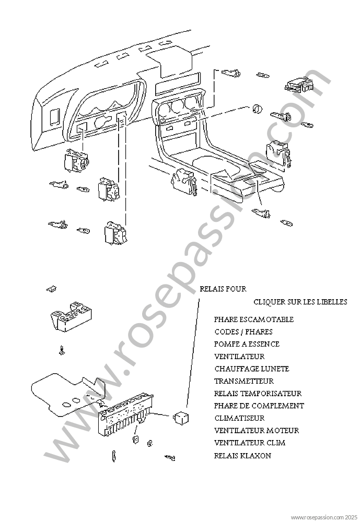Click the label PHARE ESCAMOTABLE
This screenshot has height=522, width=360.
click(x=253, y=319)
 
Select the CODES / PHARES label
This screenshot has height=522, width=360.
click(x=243, y=332)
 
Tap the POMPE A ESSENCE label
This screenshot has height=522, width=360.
click(x=247, y=345)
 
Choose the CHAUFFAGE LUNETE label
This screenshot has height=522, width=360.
click(x=251, y=369)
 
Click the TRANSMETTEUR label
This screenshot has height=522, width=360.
click(x=243, y=382)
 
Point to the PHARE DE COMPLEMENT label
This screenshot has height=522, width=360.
click(x=259, y=406)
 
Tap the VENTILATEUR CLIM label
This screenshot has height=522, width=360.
click(x=250, y=443)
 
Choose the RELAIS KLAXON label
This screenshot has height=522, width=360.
click(x=242, y=456)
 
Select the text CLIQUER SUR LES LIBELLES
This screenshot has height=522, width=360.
click(x=300, y=302)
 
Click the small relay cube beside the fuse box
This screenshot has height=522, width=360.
click(x=181, y=417)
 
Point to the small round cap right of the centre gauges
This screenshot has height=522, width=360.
click(x=257, y=109)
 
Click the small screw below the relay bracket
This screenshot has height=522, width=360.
click(x=62, y=350)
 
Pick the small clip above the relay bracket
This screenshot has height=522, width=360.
click(x=51, y=288)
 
